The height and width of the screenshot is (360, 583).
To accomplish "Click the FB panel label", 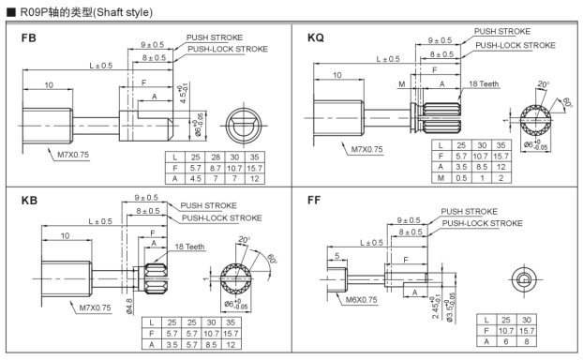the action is click(x=29, y=37).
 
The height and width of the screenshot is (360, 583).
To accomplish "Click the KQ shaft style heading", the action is click(x=316, y=37).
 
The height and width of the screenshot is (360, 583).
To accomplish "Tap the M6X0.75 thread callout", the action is click(x=361, y=300).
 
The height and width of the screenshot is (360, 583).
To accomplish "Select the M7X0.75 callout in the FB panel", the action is click(x=73, y=155).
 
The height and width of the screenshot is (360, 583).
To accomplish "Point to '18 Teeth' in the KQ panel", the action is click(x=484, y=83).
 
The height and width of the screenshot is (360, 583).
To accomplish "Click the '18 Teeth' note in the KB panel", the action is click(x=189, y=247).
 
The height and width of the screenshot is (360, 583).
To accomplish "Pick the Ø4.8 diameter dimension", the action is click(x=129, y=307).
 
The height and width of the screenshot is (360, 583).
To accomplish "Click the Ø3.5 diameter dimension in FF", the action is click(x=450, y=307).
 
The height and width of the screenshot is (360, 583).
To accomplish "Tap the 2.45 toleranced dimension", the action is click(x=436, y=307).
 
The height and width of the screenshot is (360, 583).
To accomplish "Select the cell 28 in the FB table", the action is click(x=216, y=157).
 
